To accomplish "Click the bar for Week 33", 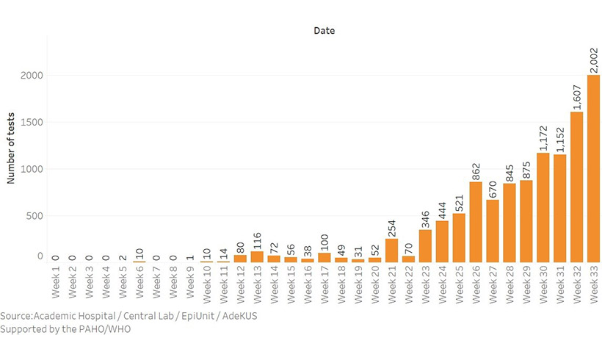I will pos(592,168).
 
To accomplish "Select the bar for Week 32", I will pos(576,187).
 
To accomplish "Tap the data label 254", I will pos(391,226).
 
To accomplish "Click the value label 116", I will pos(257,239).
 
